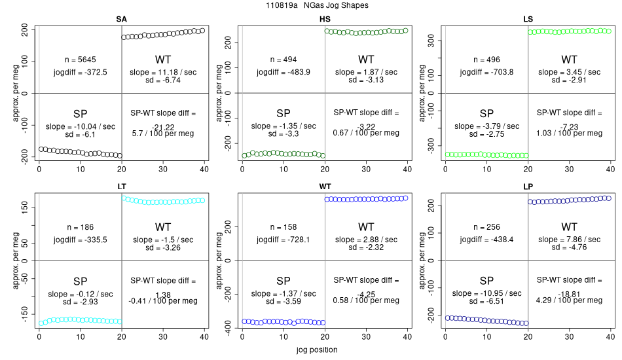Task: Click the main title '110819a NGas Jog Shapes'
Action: pyautogui.click(x=311, y=5)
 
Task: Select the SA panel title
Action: pyautogui.click(x=121, y=19)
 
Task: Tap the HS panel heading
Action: pyautogui.click(x=325, y=19)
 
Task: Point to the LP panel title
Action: pyautogui.click(x=528, y=187)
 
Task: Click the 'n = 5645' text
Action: pyautogui.click(x=81, y=60)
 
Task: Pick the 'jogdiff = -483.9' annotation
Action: pyautogui.click(x=284, y=72)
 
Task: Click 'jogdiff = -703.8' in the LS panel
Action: pyautogui.click(x=486, y=72)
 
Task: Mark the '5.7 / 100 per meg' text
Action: pyautogui.click(x=163, y=133)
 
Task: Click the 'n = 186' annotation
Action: pyautogui.click(x=81, y=227)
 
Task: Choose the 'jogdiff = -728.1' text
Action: pyautogui.click(x=284, y=240)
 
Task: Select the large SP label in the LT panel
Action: pyautogui.click(x=81, y=280)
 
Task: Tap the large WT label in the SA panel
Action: pyautogui.click(x=163, y=60)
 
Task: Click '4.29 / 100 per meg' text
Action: pyautogui.click(x=569, y=300)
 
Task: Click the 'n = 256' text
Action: pyautogui.click(x=486, y=227)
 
